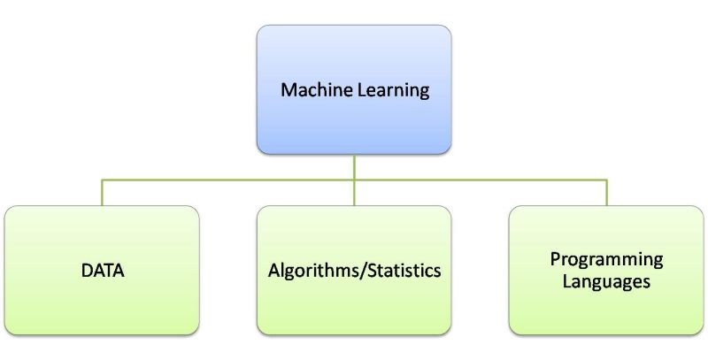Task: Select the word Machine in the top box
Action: (x=311, y=89)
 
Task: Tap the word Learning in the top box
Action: (x=386, y=90)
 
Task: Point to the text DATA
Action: (x=101, y=270)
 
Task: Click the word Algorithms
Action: (x=306, y=271)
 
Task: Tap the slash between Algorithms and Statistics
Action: (x=358, y=270)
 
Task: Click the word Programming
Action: (x=606, y=259)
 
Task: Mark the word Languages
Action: (x=606, y=281)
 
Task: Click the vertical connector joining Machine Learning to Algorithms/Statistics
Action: (x=354, y=167)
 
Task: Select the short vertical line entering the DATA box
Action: (x=102, y=194)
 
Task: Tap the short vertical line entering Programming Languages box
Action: (x=607, y=194)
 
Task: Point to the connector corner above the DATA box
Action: (x=102, y=180)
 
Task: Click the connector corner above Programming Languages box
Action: (x=607, y=180)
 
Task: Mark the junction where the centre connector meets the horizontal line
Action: (x=354, y=180)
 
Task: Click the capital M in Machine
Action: (x=288, y=89)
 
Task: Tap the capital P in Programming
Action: (x=554, y=259)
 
